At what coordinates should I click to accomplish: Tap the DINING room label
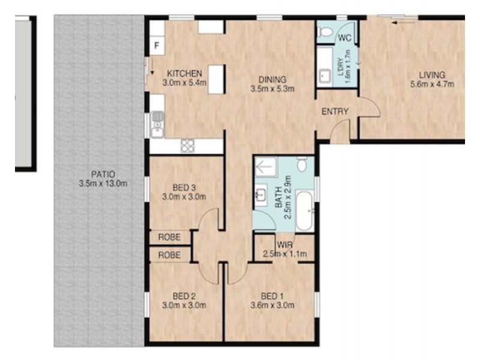click(x=268, y=79)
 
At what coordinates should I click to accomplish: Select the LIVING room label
click(x=432, y=75)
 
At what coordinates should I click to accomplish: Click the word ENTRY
click(x=335, y=112)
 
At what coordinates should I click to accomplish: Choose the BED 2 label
click(x=185, y=296)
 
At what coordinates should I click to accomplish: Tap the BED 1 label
click(x=272, y=296)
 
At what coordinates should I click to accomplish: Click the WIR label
click(x=284, y=245)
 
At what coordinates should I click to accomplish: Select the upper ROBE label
click(x=169, y=238)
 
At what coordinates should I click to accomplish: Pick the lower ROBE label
click(x=169, y=255)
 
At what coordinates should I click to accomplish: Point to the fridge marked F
click(x=157, y=46)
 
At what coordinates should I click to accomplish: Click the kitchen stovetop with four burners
click(x=188, y=145)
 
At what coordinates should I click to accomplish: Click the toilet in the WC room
click(x=325, y=33)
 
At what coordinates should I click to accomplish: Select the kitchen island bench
click(x=217, y=79)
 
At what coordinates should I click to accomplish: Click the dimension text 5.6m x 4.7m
click(x=432, y=84)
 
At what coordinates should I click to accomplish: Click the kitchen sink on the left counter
click(x=157, y=125)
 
